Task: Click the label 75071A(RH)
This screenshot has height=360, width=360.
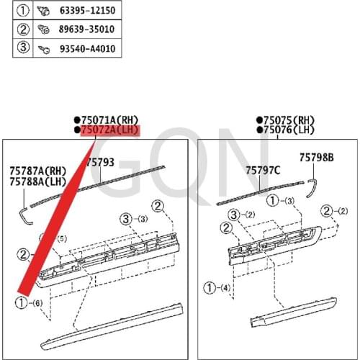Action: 109,120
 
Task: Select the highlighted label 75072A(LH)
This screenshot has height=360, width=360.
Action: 109,130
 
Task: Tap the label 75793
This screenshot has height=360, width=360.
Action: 101,163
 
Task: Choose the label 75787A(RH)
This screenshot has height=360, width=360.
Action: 37,171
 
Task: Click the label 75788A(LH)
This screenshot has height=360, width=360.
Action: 37,182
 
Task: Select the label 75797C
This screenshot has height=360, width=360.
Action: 263,171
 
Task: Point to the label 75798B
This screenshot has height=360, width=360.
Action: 317,157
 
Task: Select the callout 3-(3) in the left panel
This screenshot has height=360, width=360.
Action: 134,218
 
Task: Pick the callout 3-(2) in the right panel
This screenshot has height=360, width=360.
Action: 241,215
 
